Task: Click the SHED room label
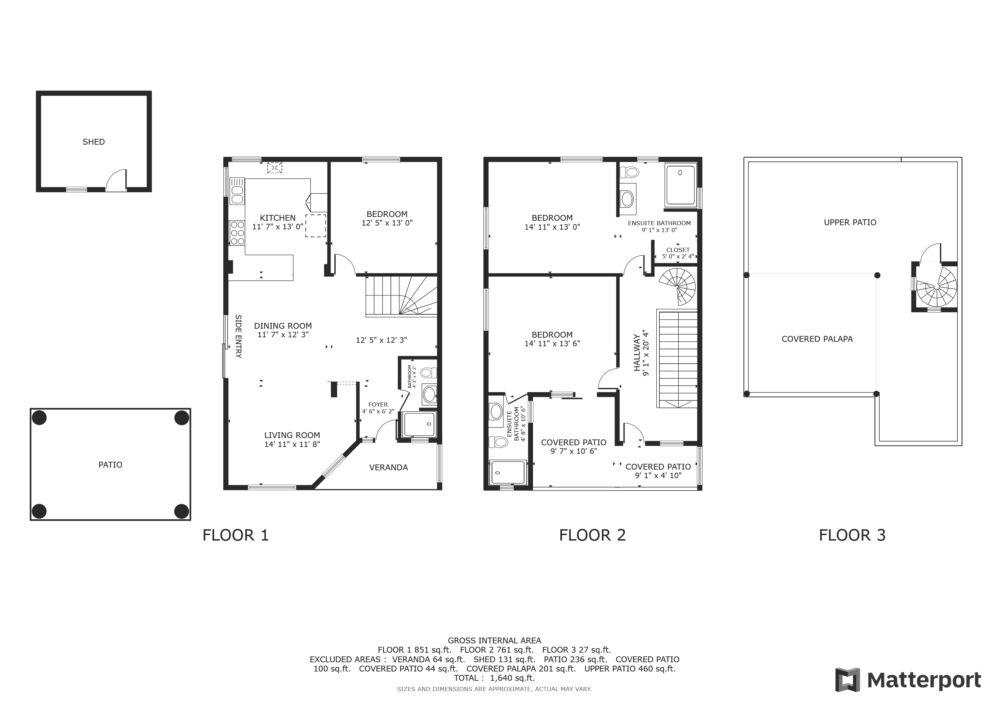click(94, 142)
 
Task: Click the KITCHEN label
click(278, 218)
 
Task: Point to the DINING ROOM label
click(283, 326)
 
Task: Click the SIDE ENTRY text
click(238, 336)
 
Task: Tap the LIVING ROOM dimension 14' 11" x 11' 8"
click(292, 444)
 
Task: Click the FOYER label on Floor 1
click(378, 404)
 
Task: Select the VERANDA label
click(388, 467)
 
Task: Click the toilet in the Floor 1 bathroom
click(429, 373)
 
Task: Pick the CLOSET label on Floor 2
click(678, 250)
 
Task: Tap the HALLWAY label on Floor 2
click(637, 353)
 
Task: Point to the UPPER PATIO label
click(850, 222)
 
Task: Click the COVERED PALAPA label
click(817, 339)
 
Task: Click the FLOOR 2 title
click(592, 535)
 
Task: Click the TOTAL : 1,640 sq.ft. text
click(494, 678)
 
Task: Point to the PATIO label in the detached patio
click(110, 465)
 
